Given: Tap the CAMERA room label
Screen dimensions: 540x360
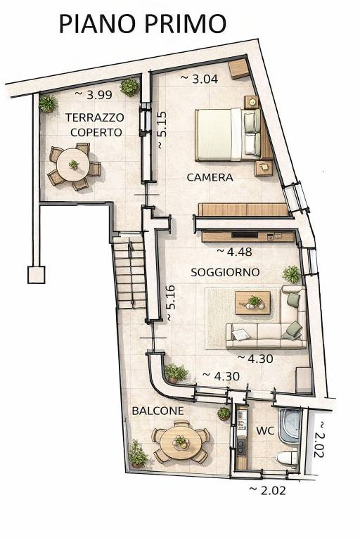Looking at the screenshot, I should [x=210, y=178].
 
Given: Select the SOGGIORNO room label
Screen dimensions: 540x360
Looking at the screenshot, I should [x=225, y=271].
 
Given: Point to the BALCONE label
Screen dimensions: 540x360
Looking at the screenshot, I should [x=158, y=410].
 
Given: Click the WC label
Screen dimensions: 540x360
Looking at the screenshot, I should [x=265, y=430].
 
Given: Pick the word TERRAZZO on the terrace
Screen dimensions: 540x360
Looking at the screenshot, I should [x=95, y=117].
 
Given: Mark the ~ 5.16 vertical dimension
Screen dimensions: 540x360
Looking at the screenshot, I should [x=171, y=304].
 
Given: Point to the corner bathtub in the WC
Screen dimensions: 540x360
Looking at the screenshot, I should [x=290, y=424].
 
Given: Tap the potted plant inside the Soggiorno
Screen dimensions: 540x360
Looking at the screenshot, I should [x=291, y=274].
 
